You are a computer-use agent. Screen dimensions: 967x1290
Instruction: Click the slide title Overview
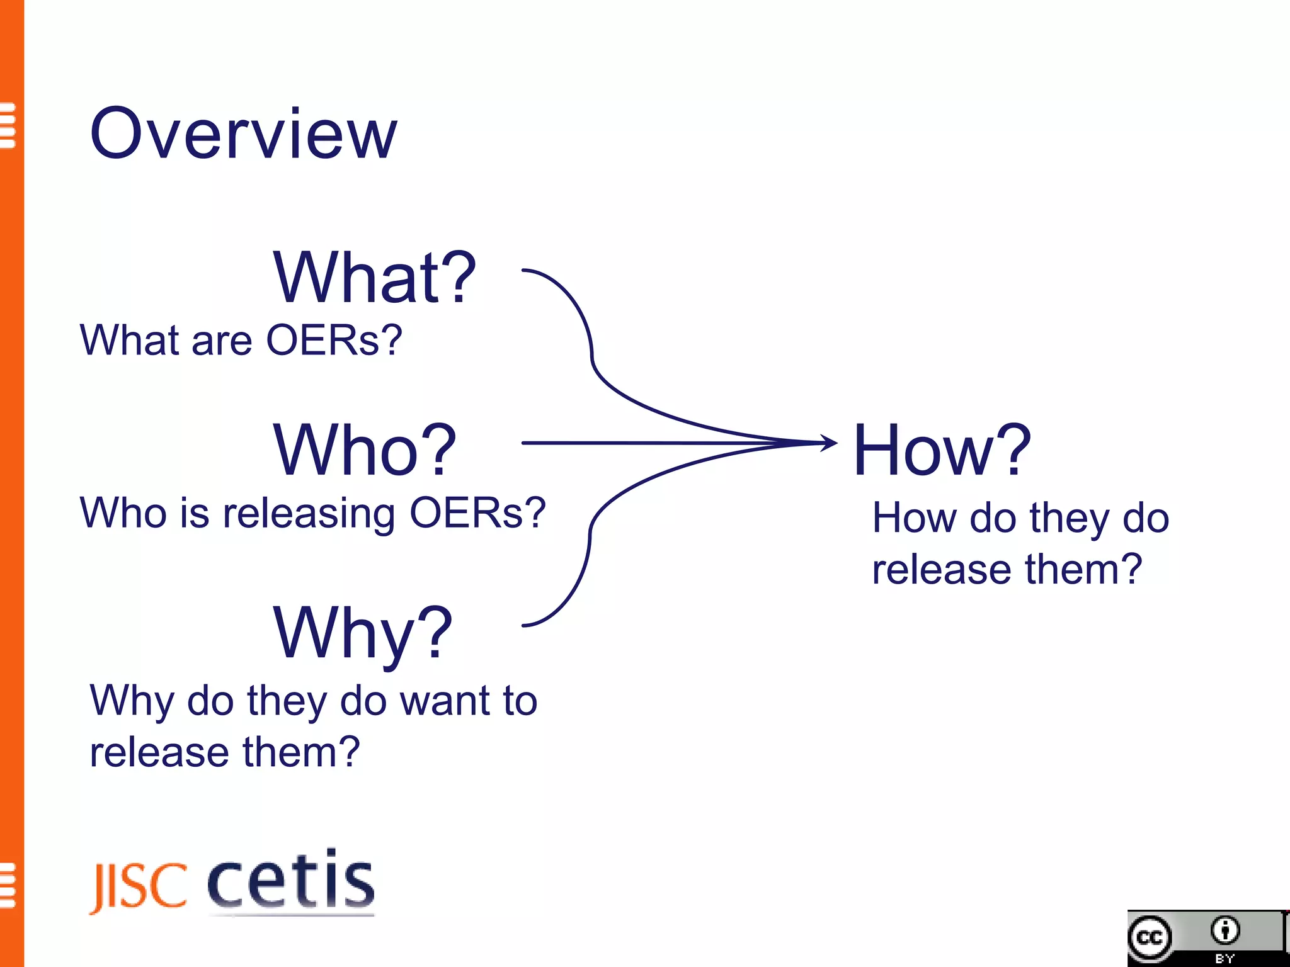243,133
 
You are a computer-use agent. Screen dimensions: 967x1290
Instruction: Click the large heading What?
374,278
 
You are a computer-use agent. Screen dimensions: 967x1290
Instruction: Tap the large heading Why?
362,633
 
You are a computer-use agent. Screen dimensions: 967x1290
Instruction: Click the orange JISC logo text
139,886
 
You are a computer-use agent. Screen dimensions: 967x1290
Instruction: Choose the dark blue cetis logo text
291,879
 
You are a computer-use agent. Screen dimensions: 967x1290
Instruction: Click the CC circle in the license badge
1150,938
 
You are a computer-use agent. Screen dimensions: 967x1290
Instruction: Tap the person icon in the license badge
1225,930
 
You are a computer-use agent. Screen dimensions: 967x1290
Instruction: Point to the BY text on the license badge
1225,959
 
